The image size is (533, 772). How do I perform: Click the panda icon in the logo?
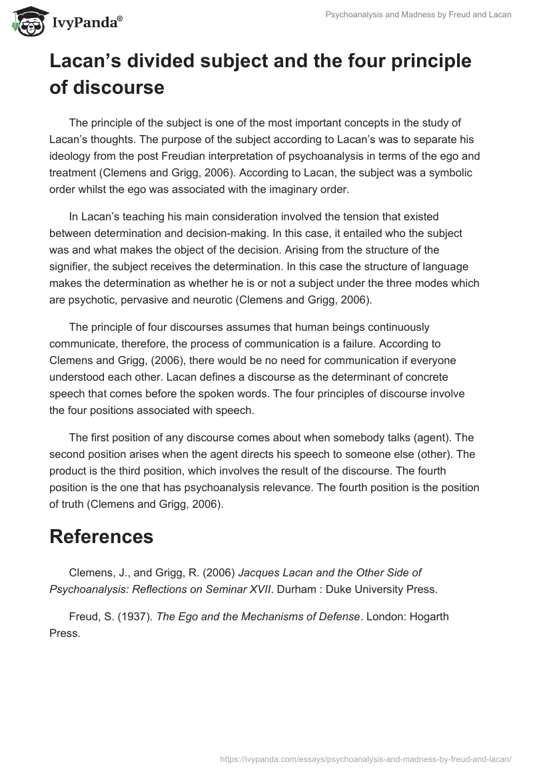click(x=26, y=21)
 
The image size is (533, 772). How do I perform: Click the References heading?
click(x=101, y=537)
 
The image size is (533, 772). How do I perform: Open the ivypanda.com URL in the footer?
click(x=364, y=758)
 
